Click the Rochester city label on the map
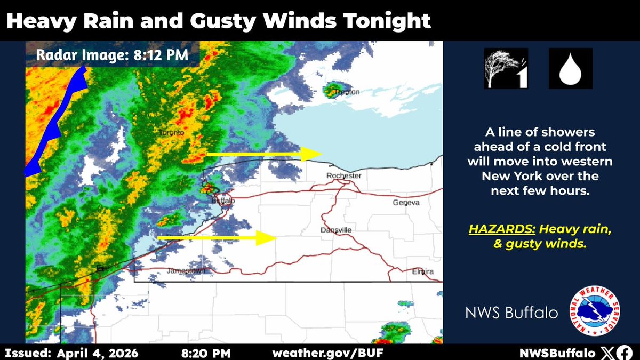tap(344, 176)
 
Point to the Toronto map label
tap(172, 132)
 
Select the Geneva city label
tap(406, 203)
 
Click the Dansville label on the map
tap(336, 230)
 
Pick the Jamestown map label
tap(186, 271)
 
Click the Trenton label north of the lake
tap(347, 92)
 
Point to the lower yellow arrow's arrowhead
tap(265, 238)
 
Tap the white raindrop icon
tap(570, 68)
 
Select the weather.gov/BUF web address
tap(327, 353)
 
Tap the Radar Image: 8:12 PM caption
tap(112, 54)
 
